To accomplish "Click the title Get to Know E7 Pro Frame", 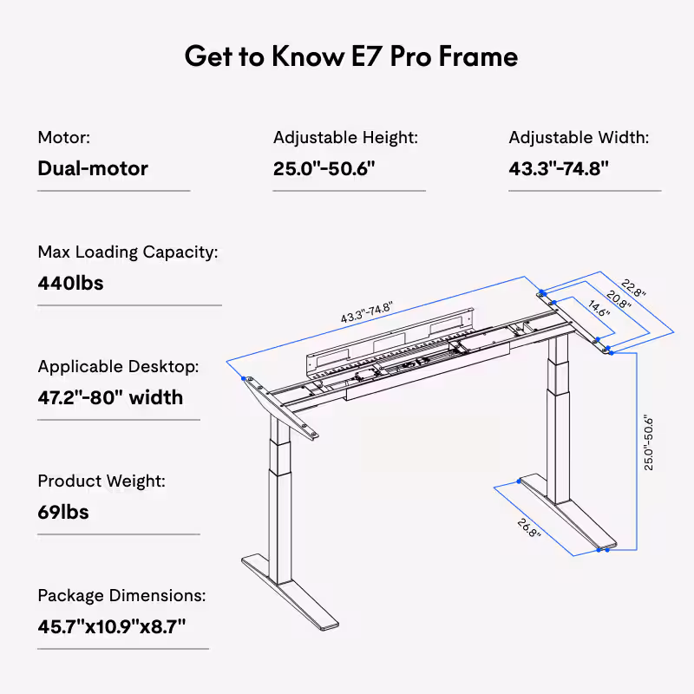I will point(351,56).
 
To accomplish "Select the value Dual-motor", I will point(93,167).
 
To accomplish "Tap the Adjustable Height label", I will point(345,137).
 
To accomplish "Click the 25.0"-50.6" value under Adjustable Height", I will point(324,167).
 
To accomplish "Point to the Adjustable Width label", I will point(579,137).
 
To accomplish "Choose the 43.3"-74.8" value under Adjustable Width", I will point(559,167).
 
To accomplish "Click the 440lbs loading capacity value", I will point(70,283).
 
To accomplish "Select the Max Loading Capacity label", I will point(128,252).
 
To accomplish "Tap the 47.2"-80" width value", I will point(110,397).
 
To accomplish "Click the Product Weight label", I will point(101,481).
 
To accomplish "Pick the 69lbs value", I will point(63,512).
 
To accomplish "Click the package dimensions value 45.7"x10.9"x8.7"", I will point(112,625).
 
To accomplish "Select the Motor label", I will point(63,137).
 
